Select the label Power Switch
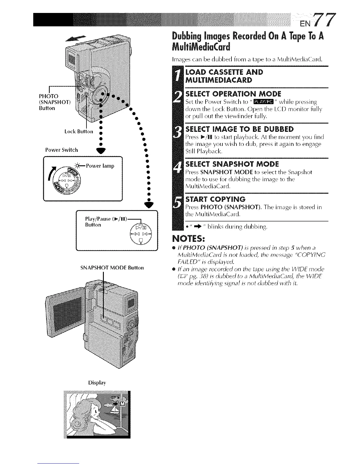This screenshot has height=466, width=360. pyautogui.click(x=61, y=150)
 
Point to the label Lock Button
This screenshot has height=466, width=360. pyautogui.click(x=79, y=131)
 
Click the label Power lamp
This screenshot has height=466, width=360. pyautogui.click(x=100, y=166)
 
